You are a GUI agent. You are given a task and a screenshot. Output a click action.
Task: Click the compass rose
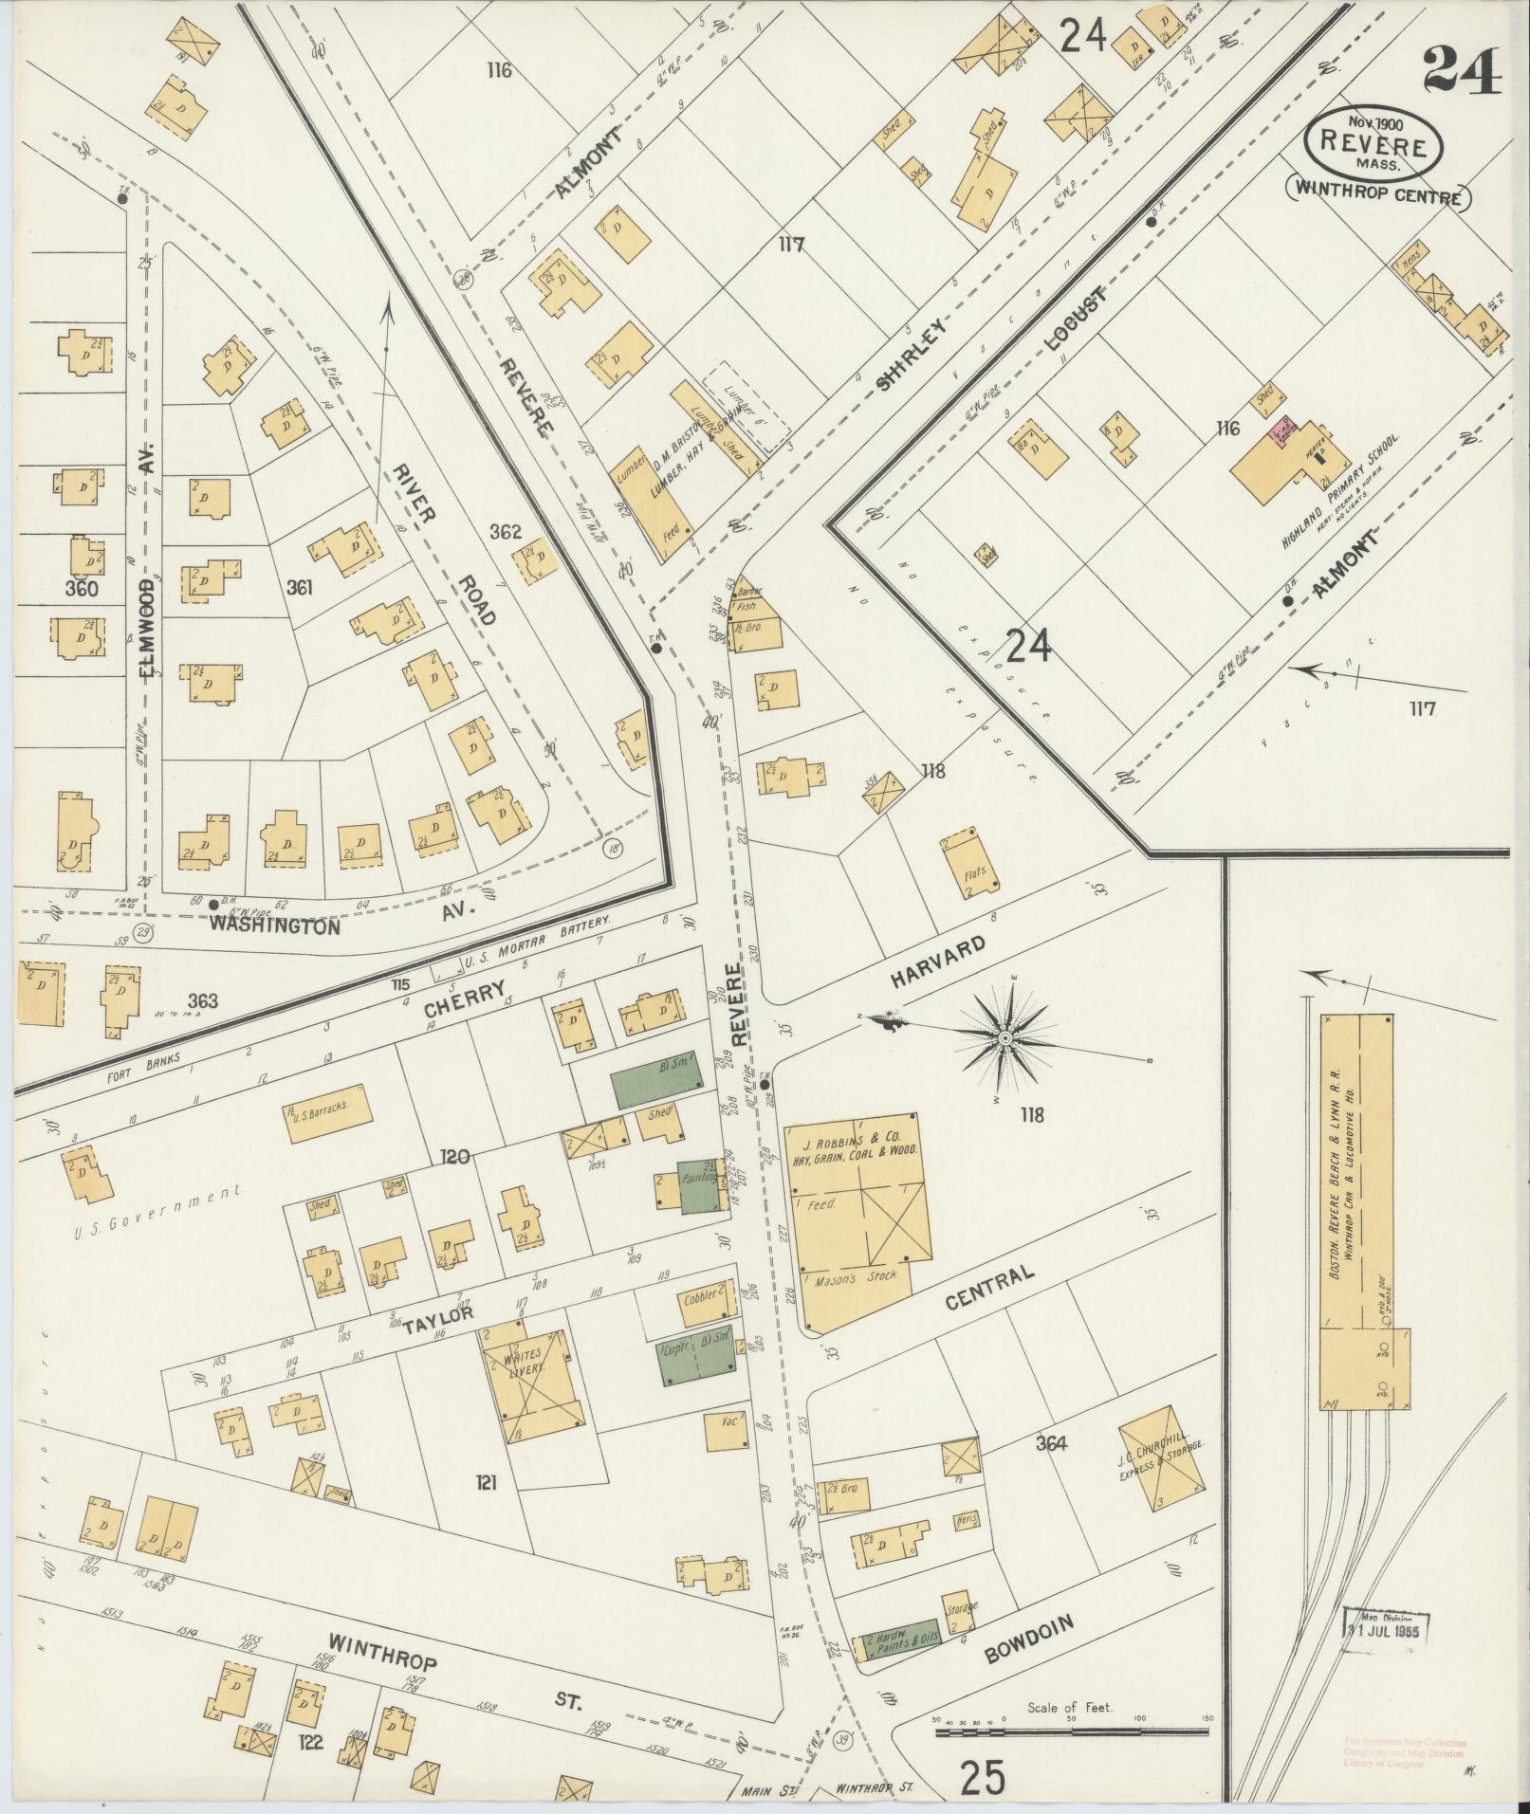pyautogui.click(x=1003, y=1039)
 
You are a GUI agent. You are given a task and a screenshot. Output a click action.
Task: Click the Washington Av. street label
pyautogui.click(x=275, y=925)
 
